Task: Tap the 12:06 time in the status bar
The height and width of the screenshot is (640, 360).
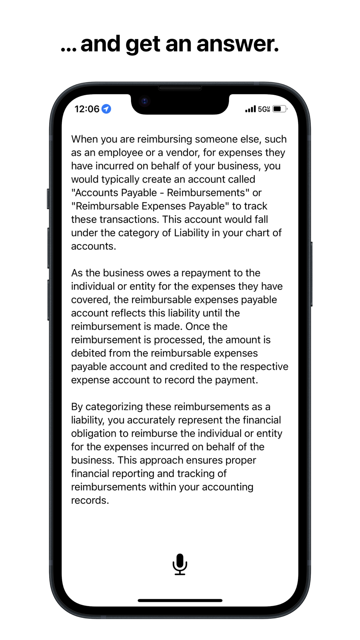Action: pos(87,109)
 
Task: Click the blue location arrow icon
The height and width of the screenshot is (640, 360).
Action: pos(106,109)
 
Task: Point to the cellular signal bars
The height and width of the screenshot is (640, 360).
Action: pos(250,109)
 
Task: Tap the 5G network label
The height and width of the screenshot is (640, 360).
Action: pos(264,109)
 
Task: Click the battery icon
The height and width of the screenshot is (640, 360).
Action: pos(279,109)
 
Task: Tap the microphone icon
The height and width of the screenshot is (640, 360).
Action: pos(180,564)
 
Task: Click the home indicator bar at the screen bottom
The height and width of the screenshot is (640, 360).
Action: pos(180,600)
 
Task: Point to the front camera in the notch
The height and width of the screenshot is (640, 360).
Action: pos(145,102)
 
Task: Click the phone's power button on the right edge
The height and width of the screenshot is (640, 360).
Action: pos(311,274)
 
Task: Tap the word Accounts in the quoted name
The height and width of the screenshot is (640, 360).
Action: pos(96,193)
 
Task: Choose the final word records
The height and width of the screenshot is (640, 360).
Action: pos(90,500)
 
